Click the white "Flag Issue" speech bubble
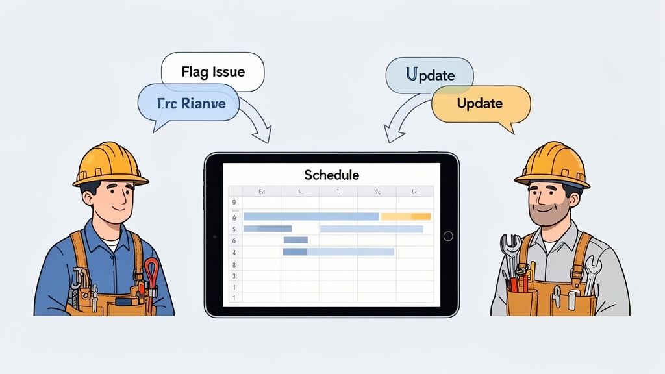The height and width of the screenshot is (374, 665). [x=212, y=71]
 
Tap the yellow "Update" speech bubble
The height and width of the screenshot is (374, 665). [x=481, y=104]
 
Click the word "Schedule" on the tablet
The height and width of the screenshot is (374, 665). [x=331, y=175]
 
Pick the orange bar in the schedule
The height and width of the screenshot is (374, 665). [x=406, y=216]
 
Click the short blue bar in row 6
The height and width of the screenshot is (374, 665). [x=295, y=240]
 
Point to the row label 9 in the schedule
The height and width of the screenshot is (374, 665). [x=233, y=203]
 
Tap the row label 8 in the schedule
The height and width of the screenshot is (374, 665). [x=233, y=264]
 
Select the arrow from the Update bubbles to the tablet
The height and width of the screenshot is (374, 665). [x=397, y=123]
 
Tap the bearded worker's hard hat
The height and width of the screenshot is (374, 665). [x=552, y=165]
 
